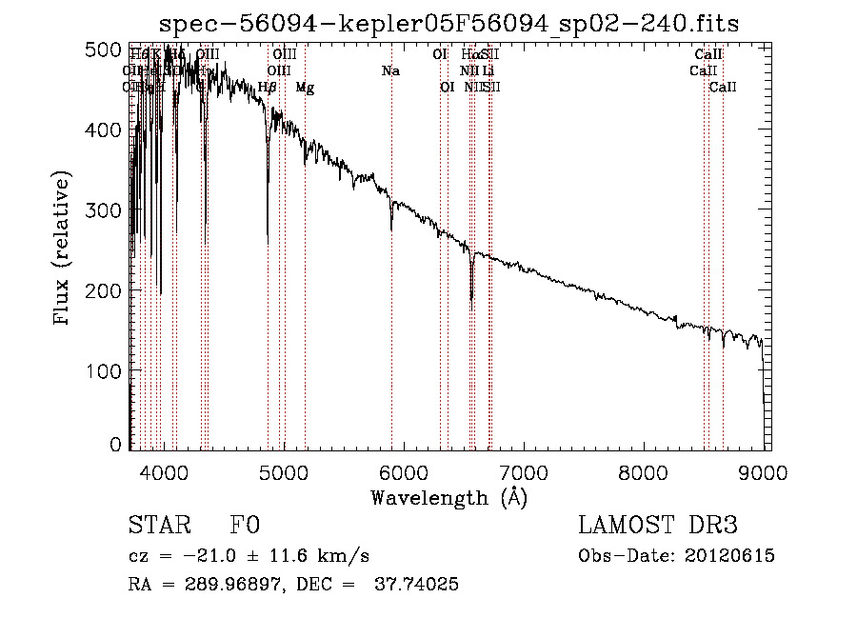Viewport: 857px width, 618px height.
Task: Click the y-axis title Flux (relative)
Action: point(63,249)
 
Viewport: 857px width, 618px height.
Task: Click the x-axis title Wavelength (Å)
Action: point(449,497)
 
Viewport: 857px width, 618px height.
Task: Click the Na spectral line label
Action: point(390,70)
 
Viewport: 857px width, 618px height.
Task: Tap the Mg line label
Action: point(305,88)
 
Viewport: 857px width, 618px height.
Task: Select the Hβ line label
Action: point(268,88)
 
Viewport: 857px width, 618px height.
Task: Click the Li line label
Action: point(488,70)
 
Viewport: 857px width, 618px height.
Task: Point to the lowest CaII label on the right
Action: point(723,88)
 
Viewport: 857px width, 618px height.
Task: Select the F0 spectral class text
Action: point(245,526)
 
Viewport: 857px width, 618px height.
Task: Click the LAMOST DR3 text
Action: point(658,526)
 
